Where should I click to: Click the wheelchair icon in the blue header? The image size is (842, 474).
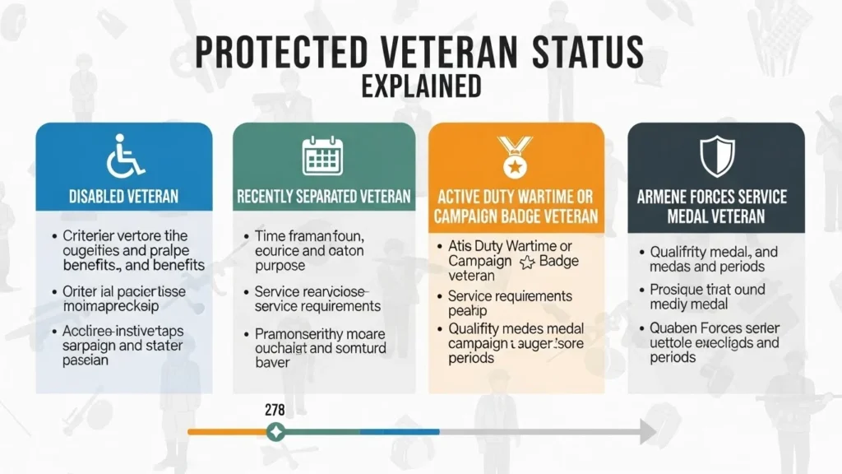click(124, 155)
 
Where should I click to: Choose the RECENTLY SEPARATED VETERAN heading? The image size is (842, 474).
click(323, 197)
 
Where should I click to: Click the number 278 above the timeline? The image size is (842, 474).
click(275, 409)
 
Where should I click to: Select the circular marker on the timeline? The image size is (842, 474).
click(276, 430)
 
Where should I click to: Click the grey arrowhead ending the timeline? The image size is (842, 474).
click(648, 430)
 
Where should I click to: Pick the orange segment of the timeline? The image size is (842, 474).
click(227, 430)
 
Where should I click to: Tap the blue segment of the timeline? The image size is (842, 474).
click(399, 430)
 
